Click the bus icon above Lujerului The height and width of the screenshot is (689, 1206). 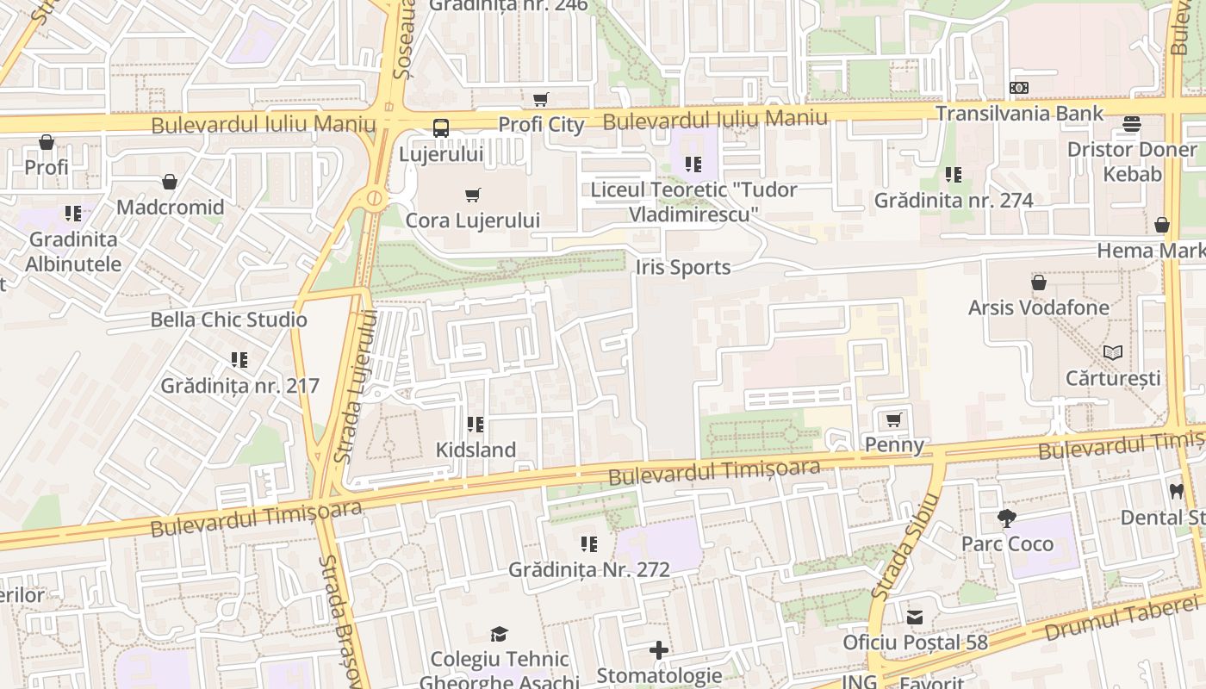tap(441, 128)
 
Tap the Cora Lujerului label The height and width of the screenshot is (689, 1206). tap(473, 220)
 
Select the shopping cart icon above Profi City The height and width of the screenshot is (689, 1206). tap(540, 100)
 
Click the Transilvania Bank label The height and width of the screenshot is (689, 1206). tap(1019, 114)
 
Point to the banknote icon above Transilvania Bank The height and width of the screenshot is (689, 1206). tap(1019, 88)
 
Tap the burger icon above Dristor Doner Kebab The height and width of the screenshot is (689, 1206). tap(1132, 124)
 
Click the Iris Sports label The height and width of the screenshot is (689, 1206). tap(683, 268)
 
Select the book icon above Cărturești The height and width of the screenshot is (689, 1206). tap(1113, 352)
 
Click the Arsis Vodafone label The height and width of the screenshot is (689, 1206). tap(1038, 307)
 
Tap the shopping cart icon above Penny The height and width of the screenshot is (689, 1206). tap(894, 420)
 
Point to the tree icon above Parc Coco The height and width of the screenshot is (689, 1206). tap(1006, 518)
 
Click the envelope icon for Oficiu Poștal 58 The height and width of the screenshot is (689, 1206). tap(915, 618)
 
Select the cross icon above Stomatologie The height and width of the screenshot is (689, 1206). tap(659, 650)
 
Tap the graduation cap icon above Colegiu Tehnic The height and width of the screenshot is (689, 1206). tap(500, 635)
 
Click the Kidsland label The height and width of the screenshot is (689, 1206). tap(476, 450)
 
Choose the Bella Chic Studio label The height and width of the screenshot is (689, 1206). tap(228, 320)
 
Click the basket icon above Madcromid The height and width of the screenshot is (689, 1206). tap(170, 182)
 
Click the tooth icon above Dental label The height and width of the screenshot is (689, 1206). tap(1176, 492)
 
